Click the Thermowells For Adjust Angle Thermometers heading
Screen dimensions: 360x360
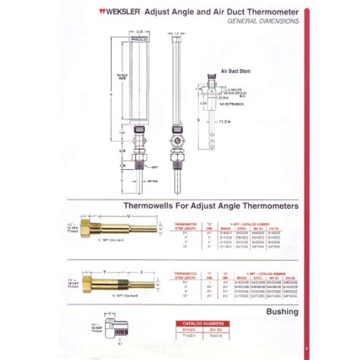(x=210, y=205)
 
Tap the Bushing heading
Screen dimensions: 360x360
(x=283, y=311)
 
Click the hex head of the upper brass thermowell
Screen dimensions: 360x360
(x=97, y=229)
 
